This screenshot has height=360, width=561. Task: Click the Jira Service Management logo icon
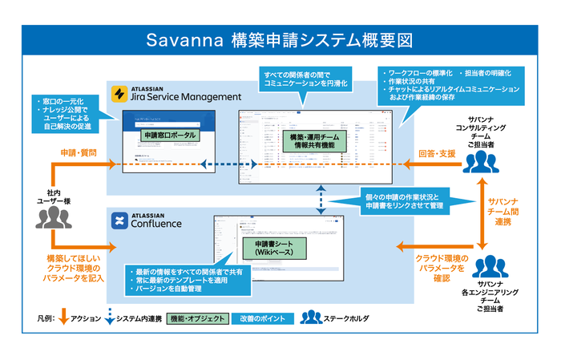[120, 93]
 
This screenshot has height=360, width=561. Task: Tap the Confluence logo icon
[120, 220]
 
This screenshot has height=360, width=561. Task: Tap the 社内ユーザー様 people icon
[54, 216]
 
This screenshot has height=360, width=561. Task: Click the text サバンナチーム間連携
[506, 210]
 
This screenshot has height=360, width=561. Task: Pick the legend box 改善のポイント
[258, 318]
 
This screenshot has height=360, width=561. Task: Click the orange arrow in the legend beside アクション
[63, 318]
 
